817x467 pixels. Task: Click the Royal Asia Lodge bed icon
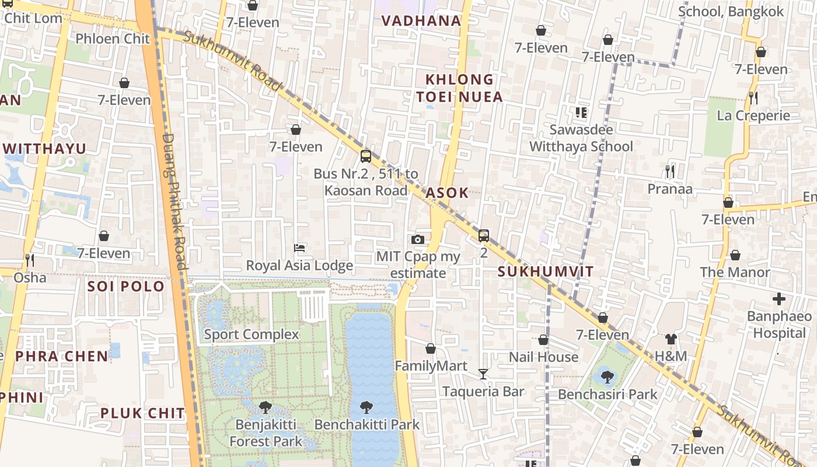299,248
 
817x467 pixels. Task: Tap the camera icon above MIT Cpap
417,239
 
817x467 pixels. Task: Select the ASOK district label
447,193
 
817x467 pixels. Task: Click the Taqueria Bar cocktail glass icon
483,374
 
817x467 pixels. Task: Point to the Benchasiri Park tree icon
607,377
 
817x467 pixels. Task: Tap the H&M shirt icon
671,339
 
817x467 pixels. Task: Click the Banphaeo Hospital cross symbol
779,299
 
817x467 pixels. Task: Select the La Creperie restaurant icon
753,97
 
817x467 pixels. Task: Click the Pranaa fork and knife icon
670,171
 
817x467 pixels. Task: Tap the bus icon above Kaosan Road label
366,156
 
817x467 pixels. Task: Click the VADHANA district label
421,21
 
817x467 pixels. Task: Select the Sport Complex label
252,334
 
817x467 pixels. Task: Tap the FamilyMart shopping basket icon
431,348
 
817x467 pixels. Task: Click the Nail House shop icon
543,340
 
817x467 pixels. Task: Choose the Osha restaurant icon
29,260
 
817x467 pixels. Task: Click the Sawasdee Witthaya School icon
581,112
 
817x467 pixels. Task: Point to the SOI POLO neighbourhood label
126,287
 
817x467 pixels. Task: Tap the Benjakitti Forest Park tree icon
266,406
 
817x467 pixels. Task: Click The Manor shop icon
735,255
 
